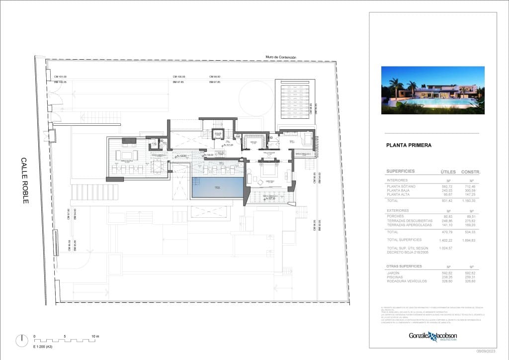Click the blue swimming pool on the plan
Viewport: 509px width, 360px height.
(217, 188)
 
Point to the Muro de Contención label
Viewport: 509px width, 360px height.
(281, 57)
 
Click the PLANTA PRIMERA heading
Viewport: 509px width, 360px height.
(409, 146)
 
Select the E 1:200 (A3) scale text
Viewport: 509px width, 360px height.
(43, 346)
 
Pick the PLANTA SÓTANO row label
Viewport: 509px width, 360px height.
(401, 186)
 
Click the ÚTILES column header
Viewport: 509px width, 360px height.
(448, 172)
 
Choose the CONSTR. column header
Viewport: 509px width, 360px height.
(471, 172)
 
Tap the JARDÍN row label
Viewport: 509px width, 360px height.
(393, 273)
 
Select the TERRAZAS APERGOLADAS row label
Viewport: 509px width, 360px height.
(410, 225)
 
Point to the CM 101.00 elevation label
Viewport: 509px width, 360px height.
(60, 77)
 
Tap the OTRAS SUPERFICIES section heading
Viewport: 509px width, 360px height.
(404, 266)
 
